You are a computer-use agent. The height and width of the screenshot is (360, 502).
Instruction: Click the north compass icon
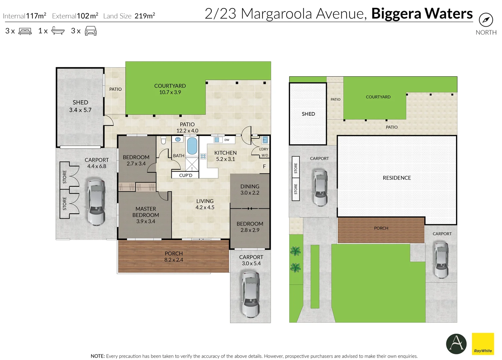[486, 20]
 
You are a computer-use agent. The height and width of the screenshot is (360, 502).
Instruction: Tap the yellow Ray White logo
[483, 344]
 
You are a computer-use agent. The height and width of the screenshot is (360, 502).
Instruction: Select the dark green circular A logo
[456, 344]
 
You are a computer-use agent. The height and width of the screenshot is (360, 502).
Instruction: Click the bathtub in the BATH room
[192, 146]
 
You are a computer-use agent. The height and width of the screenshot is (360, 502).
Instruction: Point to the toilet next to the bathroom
[163, 140]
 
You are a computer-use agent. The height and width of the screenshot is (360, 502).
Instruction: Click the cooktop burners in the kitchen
[203, 156]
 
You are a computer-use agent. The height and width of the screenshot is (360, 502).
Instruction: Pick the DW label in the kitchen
[227, 140]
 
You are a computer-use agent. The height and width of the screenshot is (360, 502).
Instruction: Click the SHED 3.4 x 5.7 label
[80, 106]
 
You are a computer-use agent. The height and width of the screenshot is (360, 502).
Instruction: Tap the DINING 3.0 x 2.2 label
[250, 189]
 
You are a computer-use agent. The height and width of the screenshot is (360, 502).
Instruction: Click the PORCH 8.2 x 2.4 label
[174, 257]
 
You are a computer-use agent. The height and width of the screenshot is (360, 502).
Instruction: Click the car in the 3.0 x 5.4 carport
[251, 294]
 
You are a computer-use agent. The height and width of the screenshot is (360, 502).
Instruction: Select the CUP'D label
[186, 175]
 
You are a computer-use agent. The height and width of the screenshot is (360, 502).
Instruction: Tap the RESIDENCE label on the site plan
[397, 178]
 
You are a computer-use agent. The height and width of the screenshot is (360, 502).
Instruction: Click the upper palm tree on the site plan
[295, 251]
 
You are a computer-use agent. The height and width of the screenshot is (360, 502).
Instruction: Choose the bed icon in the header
[25, 31]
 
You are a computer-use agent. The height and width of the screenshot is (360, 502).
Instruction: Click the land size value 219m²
[145, 16]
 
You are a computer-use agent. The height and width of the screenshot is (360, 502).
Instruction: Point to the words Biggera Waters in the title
[422, 14]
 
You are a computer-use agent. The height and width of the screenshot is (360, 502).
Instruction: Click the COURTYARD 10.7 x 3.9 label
[170, 89]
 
